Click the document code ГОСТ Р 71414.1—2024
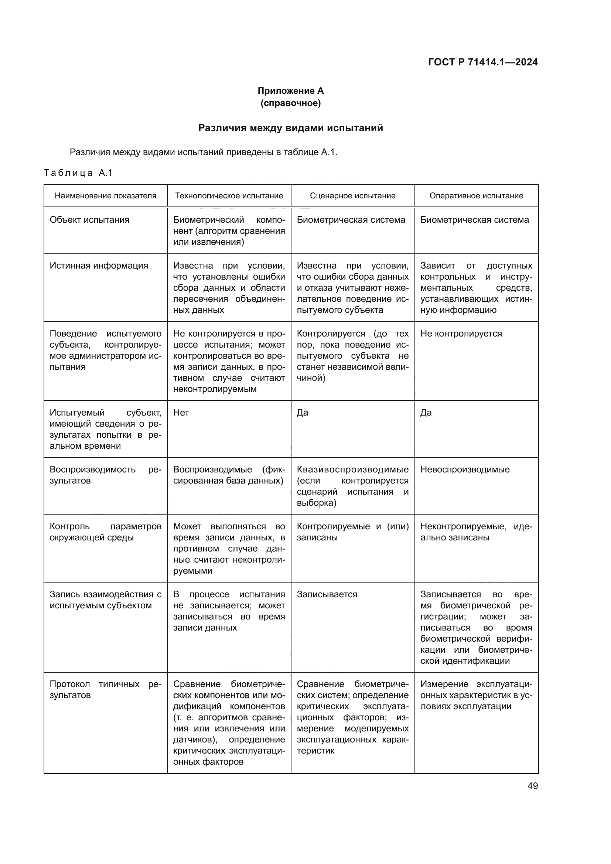pos(483,62)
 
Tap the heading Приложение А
pos(290,91)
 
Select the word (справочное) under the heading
pos(290,103)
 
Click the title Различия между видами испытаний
pos(290,128)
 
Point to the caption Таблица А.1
pos(78,173)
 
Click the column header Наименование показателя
pos(105,196)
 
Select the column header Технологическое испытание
pos(229,196)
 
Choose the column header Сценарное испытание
pos(352,196)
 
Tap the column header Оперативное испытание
pos(476,196)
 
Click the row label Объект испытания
pos(89,220)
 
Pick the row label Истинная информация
pos(99,266)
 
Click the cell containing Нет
pos(181,413)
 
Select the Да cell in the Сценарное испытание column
pos(303,413)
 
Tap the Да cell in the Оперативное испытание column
pos(426,413)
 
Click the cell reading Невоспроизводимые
pos(465,469)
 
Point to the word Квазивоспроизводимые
pos(352,469)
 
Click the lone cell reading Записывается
pos(327,595)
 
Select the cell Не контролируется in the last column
pos(461,334)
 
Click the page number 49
pos(532,786)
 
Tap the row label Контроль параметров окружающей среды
pos(105,532)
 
